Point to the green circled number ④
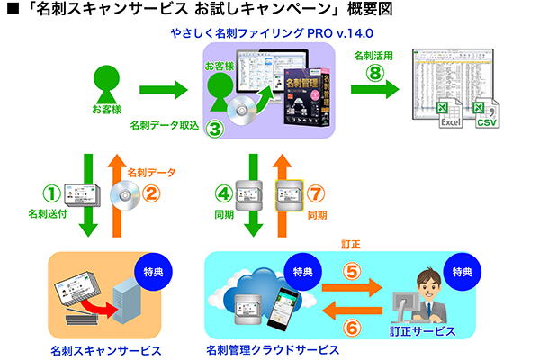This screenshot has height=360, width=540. (x=224, y=192)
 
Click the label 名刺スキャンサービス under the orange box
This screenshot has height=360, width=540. (x=107, y=349)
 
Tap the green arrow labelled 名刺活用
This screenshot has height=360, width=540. (x=374, y=89)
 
